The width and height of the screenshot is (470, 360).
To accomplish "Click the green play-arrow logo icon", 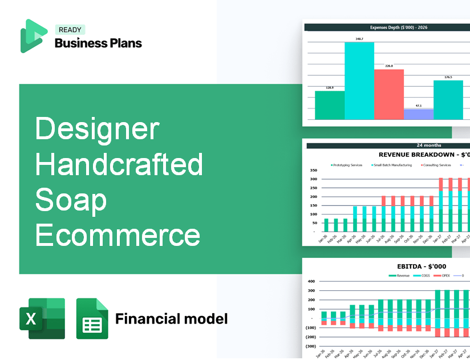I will [34, 36].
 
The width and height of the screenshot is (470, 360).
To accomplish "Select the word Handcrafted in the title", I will [119, 164].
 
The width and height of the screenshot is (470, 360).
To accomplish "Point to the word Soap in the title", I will [71, 200].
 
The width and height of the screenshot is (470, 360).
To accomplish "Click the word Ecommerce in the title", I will [117, 235].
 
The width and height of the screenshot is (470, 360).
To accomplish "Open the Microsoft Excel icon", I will [42, 318].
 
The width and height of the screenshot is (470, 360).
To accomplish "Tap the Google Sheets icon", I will [92, 318].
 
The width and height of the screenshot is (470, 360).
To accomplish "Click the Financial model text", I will [171, 318].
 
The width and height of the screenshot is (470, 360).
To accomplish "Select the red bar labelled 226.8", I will [388, 94].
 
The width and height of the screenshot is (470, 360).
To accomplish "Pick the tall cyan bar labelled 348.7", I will [359, 80].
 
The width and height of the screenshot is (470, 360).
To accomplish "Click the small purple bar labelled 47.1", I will [418, 114].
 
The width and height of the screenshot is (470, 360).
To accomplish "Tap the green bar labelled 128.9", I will [329, 105].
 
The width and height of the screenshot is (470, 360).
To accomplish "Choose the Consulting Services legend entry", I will [436, 165].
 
